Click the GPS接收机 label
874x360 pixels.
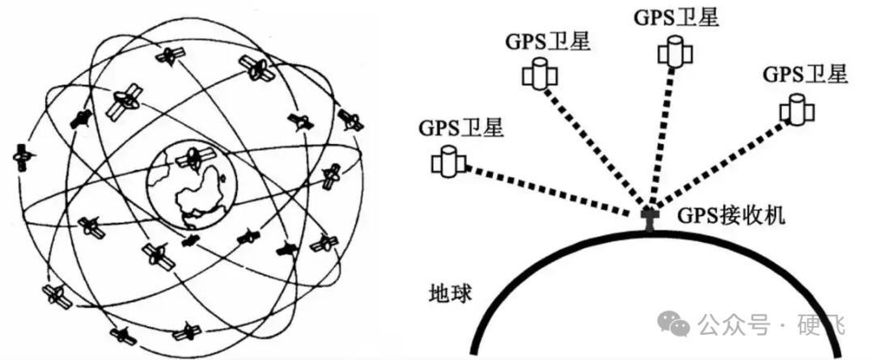coord(731,215)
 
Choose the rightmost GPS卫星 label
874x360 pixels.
coord(805,74)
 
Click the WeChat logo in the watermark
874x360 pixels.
coord(673,325)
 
